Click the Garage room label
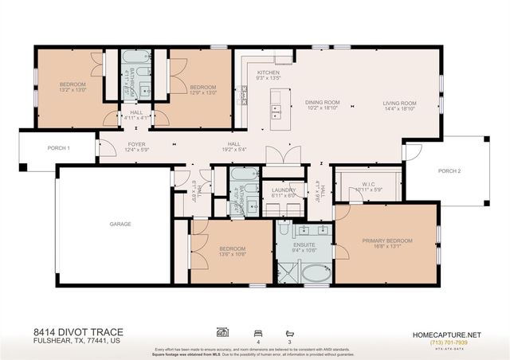click(x=120, y=225)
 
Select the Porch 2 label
click(x=449, y=171)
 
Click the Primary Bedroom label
click(x=387, y=241)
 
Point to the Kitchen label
click(x=268, y=72)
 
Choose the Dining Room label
click(x=323, y=103)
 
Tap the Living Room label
click(x=399, y=103)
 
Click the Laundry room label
click(x=283, y=190)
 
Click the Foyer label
click(x=136, y=145)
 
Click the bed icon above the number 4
click(x=257, y=331)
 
